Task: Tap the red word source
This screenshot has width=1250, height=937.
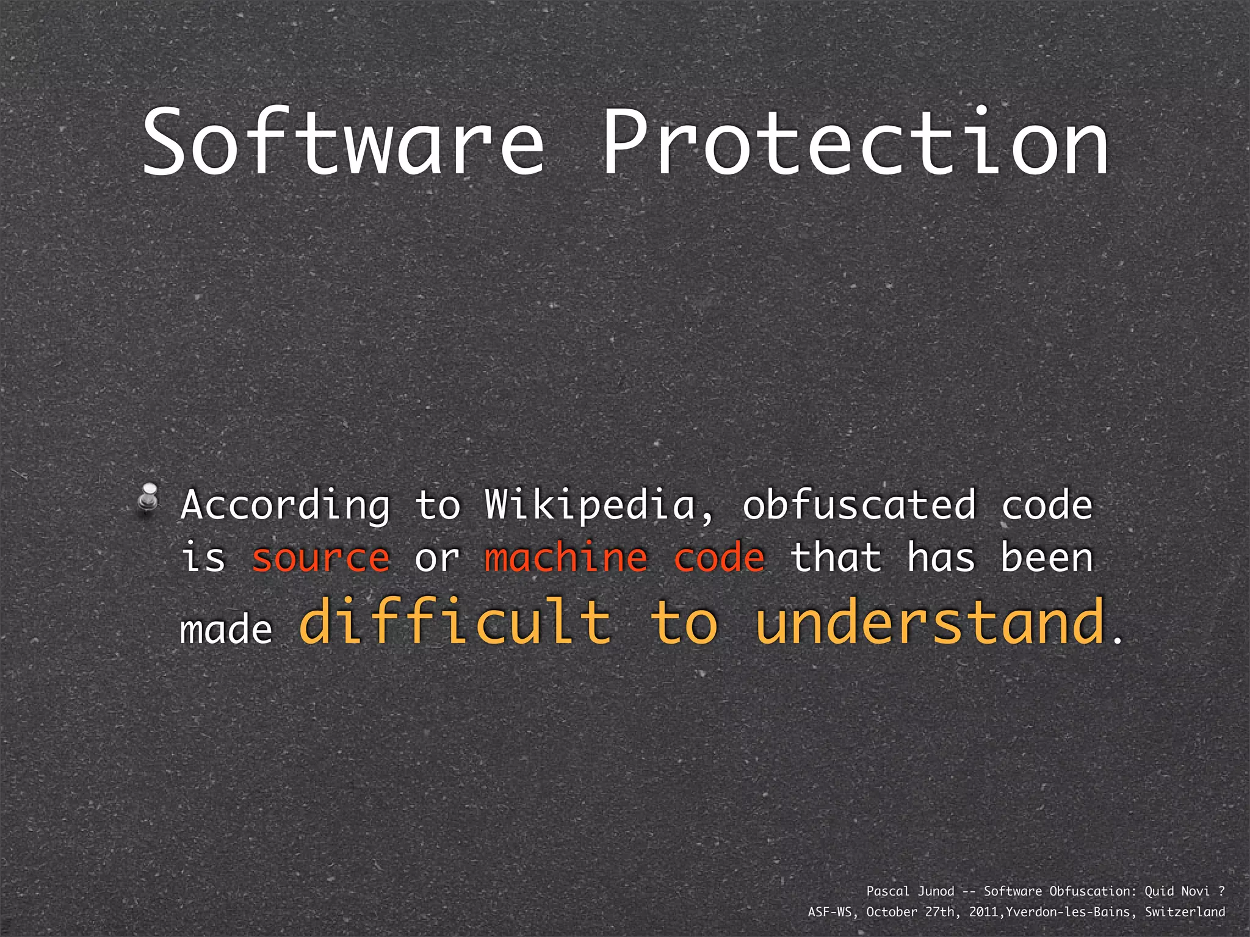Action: click(320, 558)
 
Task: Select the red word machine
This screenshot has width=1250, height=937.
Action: click(566, 558)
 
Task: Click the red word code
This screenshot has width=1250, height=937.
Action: click(719, 558)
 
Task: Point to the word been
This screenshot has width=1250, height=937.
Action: click(1047, 558)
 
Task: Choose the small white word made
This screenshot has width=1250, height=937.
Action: click(226, 630)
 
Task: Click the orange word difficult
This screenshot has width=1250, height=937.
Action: click(455, 622)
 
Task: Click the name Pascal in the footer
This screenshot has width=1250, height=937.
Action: click(888, 891)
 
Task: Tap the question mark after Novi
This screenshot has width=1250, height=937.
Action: click(1221, 891)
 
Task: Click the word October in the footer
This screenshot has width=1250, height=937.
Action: click(892, 912)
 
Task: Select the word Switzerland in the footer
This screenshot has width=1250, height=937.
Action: click(1185, 912)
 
